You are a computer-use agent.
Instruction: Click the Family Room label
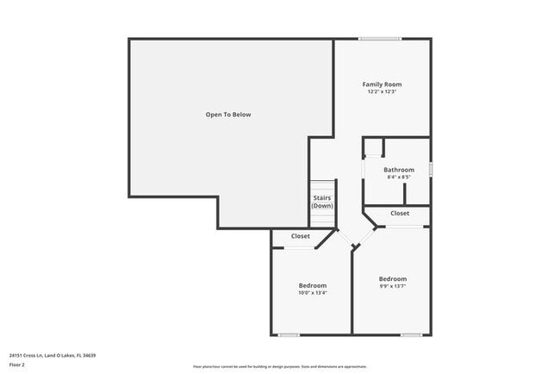(x=382, y=84)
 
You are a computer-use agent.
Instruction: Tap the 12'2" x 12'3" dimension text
(x=382, y=92)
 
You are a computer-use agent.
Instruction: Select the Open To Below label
(x=228, y=115)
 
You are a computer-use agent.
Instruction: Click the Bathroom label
(x=399, y=170)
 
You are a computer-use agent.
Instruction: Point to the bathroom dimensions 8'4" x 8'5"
(x=399, y=178)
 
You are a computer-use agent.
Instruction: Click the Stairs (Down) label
(x=322, y=203)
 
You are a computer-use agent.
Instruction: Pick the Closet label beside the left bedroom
(x=301, y=236)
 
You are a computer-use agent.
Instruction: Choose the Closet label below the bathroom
(x=400, y=213)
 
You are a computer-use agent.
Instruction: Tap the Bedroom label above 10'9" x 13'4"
(x=313, y=285)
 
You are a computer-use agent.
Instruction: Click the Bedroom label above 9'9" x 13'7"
(x=393, y=279)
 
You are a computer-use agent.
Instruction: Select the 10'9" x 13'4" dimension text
(x=313, y=293)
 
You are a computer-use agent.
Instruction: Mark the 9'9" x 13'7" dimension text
(x=393, y=287)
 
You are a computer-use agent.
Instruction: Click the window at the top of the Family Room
(x=380, y=39)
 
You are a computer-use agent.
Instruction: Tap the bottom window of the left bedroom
(x=289, y=334)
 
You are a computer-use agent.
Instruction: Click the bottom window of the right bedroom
(x=411, y=334)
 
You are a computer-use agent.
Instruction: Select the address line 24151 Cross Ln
(x=53, y=355)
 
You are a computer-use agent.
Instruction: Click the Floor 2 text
(x=17, y=365)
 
